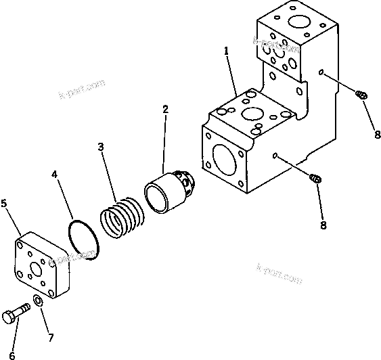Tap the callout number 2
pyautogui.click(x=164, y=109)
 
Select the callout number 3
pyautogui.click(x=100, y=148)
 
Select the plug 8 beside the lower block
pyautogui.click(x=314, y=179)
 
